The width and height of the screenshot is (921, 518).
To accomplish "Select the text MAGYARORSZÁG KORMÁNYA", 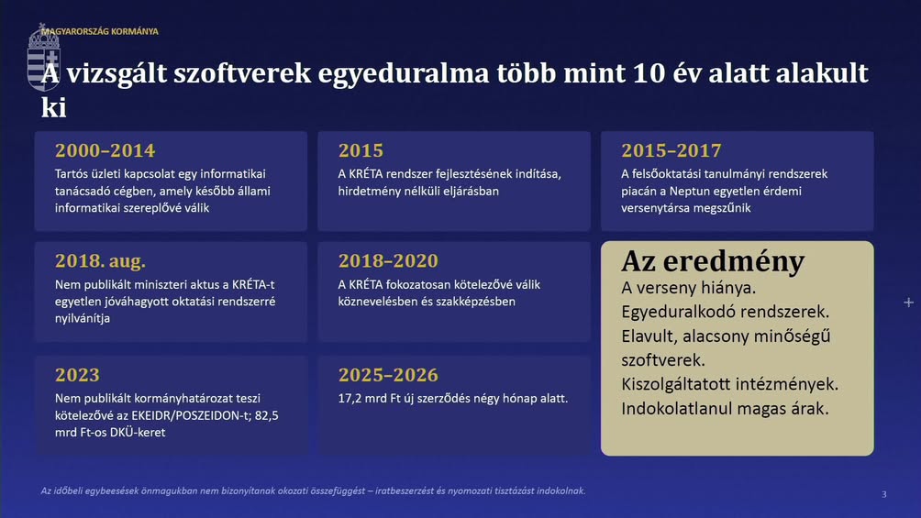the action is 100,31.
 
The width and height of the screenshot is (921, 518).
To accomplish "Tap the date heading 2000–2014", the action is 105,150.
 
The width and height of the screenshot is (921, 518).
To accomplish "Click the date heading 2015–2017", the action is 671,150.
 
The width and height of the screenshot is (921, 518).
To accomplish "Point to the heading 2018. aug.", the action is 100,260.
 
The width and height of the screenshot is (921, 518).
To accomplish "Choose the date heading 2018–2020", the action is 388,260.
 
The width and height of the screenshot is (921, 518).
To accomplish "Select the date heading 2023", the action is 78,375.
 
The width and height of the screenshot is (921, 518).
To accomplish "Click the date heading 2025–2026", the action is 388,375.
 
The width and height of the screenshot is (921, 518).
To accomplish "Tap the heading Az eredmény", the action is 713,262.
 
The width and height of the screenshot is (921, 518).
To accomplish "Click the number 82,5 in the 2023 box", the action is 267,415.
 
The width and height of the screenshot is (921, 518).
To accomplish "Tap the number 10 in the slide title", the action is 649,73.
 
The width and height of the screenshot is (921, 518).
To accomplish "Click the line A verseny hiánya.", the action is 681,288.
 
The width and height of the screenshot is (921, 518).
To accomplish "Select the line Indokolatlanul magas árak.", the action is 725,408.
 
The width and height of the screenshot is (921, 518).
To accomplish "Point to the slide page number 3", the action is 884,494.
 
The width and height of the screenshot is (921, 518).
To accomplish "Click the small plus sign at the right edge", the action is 909,303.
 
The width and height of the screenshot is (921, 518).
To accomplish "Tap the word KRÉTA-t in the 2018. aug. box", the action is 253,284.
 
